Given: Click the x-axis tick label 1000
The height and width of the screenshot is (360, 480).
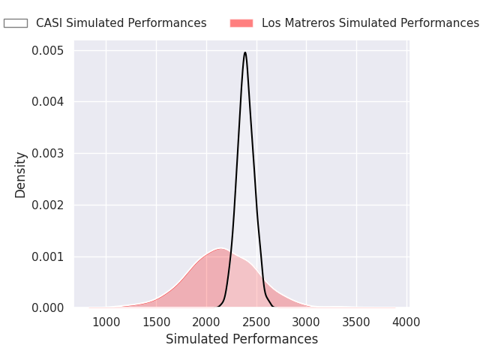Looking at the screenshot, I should tap(106, 322).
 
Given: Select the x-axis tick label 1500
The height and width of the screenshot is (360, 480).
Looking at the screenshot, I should tap(156, 322).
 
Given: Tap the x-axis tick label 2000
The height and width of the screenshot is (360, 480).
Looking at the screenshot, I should tap(206, 322).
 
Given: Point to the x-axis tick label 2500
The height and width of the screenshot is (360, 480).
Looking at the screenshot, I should tap(256, 322).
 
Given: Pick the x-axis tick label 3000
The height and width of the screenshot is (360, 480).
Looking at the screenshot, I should tap(306, 322).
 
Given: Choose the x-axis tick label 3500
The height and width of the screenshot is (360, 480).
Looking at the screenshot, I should tap(356, 322).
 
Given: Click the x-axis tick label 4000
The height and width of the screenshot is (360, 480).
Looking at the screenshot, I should tap(406, 322).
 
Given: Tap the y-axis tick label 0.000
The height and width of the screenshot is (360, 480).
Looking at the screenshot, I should tap(47, 308).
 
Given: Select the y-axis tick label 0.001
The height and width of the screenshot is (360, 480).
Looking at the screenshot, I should tap(47, 256).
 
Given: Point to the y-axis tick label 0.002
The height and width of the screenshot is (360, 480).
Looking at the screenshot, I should tap(47, 205).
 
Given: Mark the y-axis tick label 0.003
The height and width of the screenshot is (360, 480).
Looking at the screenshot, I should tap(47, 154).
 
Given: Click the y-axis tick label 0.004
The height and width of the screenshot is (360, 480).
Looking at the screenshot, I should tap(47, 102).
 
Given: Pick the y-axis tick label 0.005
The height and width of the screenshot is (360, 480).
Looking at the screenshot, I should tap(47, 51).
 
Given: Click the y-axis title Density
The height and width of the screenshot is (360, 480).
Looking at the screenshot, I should tap(21, 175).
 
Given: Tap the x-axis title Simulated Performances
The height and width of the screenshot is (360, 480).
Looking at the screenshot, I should tap(241, 339).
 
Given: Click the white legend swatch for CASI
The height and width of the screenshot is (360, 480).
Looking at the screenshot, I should tap(16, 23).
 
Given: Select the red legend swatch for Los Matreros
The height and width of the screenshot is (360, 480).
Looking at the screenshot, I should tap(241, 23).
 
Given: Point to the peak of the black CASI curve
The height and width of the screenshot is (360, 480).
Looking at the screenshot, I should tap(245, 52).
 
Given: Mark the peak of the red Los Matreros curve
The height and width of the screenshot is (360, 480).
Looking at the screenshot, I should tap(220, 248).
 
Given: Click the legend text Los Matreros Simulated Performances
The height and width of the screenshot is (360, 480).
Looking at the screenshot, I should tap(370, 23).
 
